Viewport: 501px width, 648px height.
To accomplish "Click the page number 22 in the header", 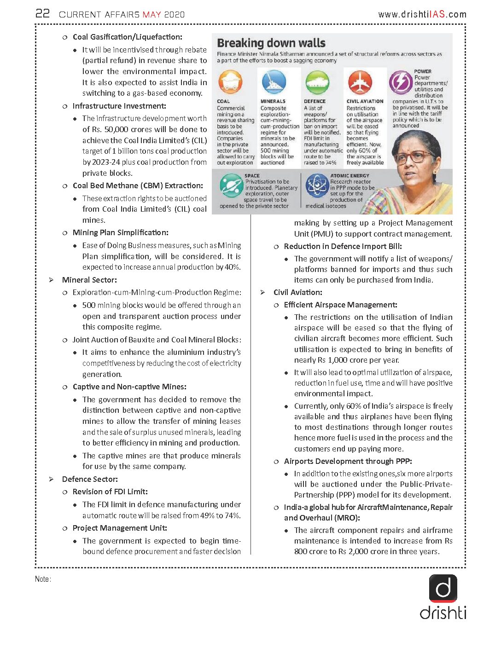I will click(x=42, y=13).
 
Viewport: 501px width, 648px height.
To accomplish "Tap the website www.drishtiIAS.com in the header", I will click(x=422, y=14).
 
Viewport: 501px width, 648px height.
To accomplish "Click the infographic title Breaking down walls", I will click(x=271, y=43).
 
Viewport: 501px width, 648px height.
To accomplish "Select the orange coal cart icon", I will click(x=230, y=82).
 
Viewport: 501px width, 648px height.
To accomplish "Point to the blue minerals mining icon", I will click(x=274, y=82).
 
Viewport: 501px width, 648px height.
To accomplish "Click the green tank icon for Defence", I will click(x=317, y=82).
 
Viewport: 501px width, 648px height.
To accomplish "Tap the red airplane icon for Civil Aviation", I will click(x=360, y=82).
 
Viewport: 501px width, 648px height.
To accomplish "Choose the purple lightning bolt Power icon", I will click(x=401, y=83).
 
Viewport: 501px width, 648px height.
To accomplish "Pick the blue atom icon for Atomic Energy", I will click(x=317, y=185).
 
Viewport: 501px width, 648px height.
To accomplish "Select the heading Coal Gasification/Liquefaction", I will click(x=127, y=37).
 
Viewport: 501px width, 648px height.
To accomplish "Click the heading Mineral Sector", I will click(x=89, y=280).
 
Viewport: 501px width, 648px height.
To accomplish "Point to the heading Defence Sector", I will click(x=90, y=479).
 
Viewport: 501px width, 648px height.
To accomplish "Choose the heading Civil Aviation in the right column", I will click(x=297, y=292).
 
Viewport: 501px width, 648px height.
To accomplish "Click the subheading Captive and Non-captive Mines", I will click(x=129, y=387).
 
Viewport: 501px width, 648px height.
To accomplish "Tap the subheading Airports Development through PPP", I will click(x=348, y=461).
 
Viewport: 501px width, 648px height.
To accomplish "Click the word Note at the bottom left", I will click(x=42, y=579).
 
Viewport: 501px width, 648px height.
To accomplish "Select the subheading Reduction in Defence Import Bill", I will click(x=343, y=246).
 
